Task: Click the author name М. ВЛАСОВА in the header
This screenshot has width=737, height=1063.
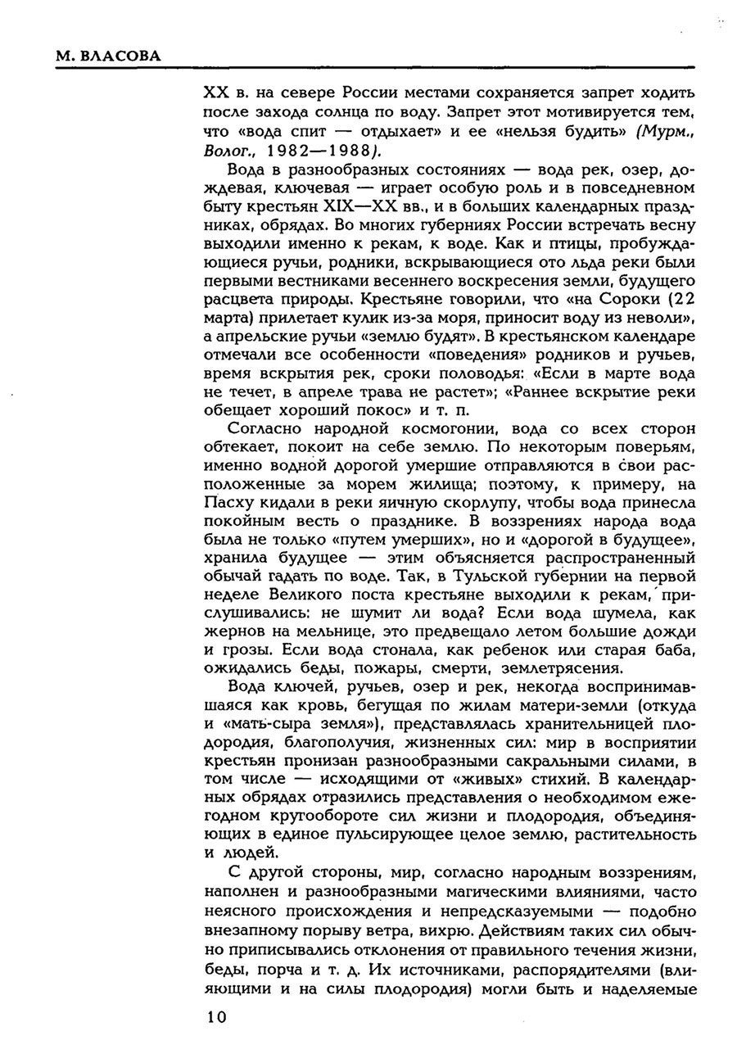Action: (x=108, y=56)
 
